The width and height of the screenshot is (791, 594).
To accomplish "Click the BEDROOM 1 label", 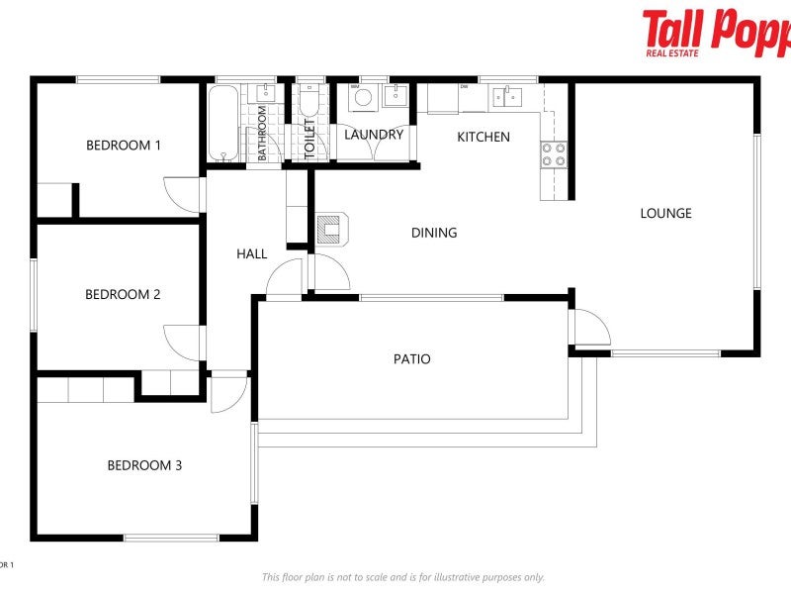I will click(x=124, y=146).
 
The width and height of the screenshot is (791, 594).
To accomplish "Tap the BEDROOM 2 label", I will click(x=123, y=294).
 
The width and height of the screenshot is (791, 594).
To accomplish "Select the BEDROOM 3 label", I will click(x=144, y=465).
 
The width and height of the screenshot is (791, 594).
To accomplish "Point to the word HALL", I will click(x=252, y=254).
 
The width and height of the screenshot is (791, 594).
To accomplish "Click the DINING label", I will click(x=434, y=234).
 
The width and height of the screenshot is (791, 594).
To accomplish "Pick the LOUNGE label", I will click(x=665, y=213).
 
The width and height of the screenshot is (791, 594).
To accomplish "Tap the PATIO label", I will click(x=411, y=359).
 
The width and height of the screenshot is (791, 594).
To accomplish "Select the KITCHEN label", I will click(x=483, y=137).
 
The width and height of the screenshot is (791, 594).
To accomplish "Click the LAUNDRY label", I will click(x=374, y=135).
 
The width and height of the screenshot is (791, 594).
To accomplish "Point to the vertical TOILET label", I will click(x=309, y=140).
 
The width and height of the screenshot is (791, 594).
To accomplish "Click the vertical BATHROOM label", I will click(x=263, y=133).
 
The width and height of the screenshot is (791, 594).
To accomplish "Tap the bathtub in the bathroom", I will click(x=222, y=124).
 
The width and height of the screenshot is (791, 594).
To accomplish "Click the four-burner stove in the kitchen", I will click(x=554, y=153).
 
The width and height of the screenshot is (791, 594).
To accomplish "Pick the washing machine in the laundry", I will click(x=362, y=97).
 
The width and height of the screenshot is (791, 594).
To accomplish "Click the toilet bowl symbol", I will click(x=308, y=103).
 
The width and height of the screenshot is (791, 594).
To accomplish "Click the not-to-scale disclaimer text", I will click(x=402, y=577).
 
